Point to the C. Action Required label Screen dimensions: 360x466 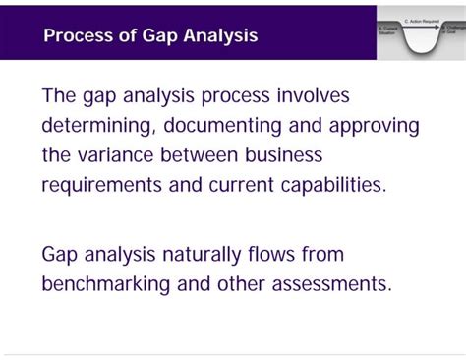[x=421, y=20]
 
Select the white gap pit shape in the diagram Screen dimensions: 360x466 [x=421, y=41]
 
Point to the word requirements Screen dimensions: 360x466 [x=109, y=185]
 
